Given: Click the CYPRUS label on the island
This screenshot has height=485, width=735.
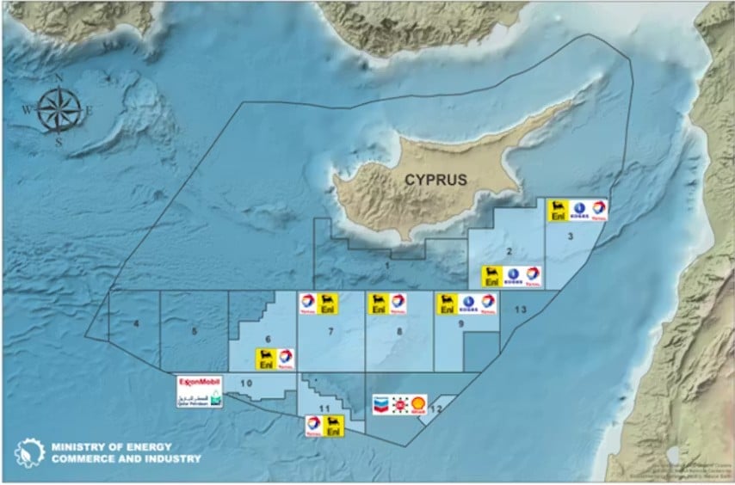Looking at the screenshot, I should click(435, 181).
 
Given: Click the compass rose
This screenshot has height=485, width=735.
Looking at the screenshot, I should click(59, 110).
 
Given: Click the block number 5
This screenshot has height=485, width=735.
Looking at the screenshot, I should click(195, 331).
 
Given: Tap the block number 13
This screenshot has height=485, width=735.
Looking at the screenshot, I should click(520, 310).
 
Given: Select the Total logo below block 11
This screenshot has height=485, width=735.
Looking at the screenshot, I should click(315, 425).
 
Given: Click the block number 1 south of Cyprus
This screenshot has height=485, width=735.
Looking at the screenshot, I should click(388, 267).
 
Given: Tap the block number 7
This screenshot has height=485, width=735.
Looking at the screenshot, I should click(330, 329).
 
